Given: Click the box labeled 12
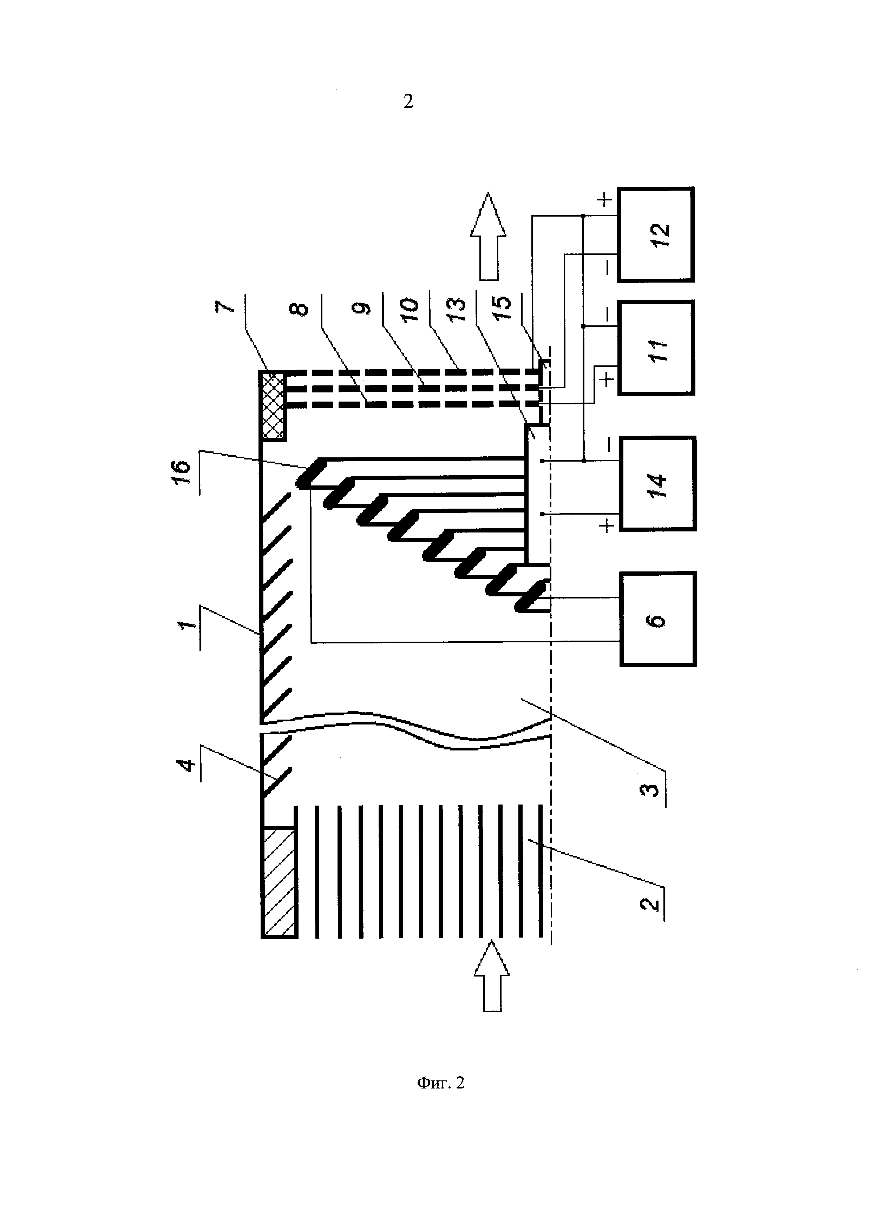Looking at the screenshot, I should point(656,234).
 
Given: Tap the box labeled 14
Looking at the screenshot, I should point(657,484).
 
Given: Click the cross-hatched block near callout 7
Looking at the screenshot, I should point(273,406).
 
